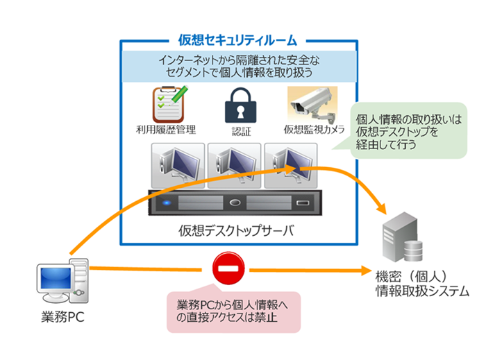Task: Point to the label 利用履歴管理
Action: (x=167, y=130)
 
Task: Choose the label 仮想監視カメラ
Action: (x=314, y=130)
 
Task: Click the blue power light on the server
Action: (x=167, y=204)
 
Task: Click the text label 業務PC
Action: (x=62, y=319)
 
